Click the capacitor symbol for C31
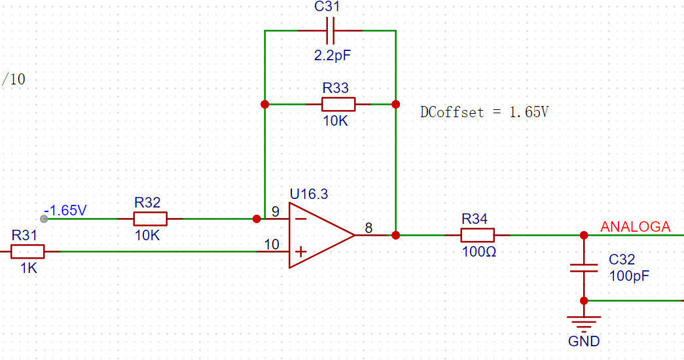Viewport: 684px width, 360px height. pyautogui.click(x=331, y=31)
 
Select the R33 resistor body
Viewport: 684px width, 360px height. pyautogui.click(x=338, y=104)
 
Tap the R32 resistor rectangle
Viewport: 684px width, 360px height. pyautogui.click(x=150, y=219)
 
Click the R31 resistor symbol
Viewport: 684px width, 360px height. pyautogui.click(x=27, y=252)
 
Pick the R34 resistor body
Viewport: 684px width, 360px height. pyautogui.click(x=478, y=235)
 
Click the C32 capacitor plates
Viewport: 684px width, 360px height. pyautogui.click(x=584, y=268)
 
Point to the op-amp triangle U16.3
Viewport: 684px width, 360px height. pyautogui.click(x=322, y=235)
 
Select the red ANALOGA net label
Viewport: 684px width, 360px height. pyautogui.click(x=635, y=226)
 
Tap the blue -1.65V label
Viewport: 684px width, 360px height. pyautogui.click(x=65, y=210)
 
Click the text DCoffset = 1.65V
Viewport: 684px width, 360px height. pyautogui.click(x=484, y=112)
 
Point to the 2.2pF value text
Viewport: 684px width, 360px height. pyautogui.click(x=333, y=56)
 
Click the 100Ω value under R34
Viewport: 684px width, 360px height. pyautogui.click(x=479, y=252)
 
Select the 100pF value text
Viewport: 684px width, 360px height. pyautogui.click(x=629, y=276)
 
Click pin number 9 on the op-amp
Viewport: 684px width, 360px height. pyautogui.click(x=276, y=211)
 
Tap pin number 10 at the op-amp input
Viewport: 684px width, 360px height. pyautogui.click(x=272, y=244)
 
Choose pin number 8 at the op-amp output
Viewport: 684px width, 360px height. pyautogui.click(x=369, y=228)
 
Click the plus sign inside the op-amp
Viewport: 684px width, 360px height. pyautogui.click(x=300, y=252)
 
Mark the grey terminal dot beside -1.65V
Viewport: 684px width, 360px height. pyautogui.click(x=44, y=219)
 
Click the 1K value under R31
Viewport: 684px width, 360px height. pyautogui.click(x=29, y=268)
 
